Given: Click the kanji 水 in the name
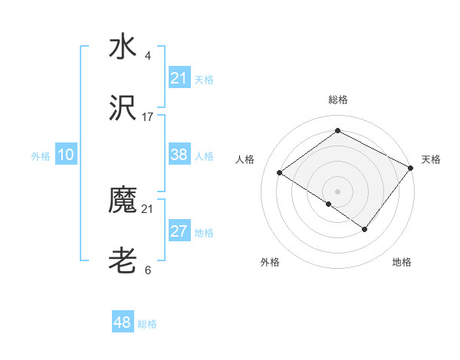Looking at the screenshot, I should coord(123,47).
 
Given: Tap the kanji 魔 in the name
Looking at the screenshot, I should coord(123,201).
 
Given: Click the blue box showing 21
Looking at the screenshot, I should coord(179,78).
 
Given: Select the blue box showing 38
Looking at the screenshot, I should coord(179,155).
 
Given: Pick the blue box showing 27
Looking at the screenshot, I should coord(179,231).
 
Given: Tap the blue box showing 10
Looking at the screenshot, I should coord(66,155).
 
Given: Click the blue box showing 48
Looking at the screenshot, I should coord(123,322).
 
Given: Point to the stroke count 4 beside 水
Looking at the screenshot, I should coord(148,55).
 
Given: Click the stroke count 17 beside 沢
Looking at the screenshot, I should coord(148,117).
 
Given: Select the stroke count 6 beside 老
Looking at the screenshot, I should coord(148,270).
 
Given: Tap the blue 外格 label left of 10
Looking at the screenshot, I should coord(41,155).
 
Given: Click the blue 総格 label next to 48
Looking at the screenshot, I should coord(147,324).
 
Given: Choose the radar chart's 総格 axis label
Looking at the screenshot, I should coord(338,100).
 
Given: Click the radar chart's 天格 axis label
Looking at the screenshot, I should coord(431,159).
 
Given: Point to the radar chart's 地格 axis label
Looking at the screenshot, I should coord(402,262).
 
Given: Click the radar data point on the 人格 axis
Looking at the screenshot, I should coord(280,172).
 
